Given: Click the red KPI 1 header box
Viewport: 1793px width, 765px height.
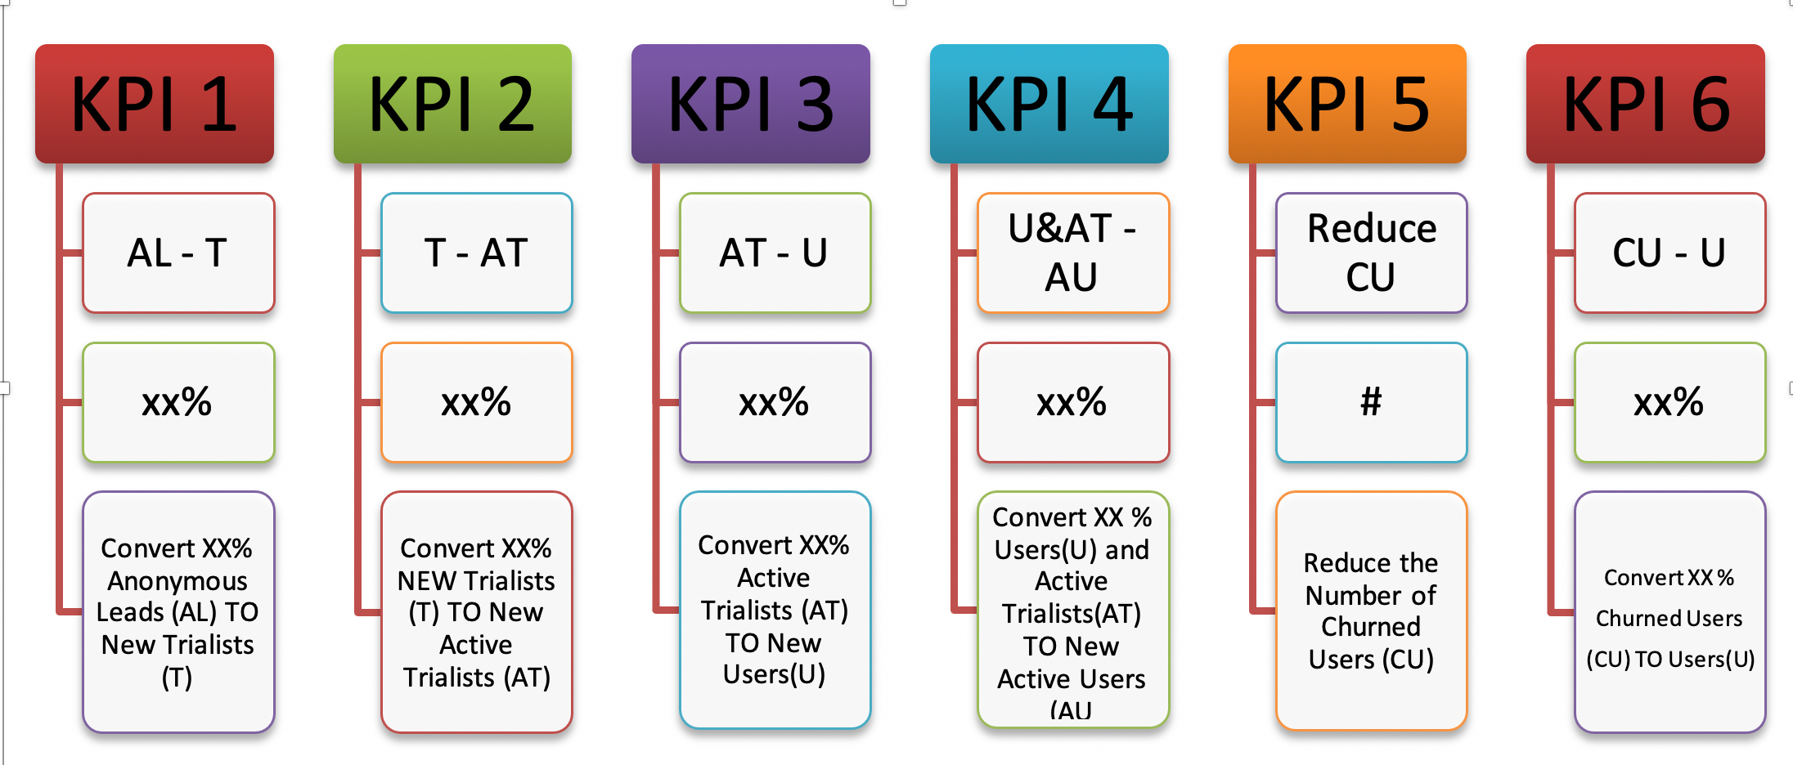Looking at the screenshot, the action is pos(155,104).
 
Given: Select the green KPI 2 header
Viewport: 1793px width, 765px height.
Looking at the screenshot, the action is pos(452,104).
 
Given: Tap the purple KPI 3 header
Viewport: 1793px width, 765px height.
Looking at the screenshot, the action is pos(751,104).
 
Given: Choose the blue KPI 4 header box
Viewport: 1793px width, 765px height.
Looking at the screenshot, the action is pos(1049,104).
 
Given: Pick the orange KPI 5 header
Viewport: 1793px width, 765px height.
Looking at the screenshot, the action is pos(1347,104).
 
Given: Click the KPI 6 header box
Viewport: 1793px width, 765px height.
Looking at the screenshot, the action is pos(1646,104).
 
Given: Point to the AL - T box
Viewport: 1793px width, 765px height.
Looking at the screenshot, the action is pos(178,253).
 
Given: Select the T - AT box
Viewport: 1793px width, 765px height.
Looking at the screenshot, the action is pos(477,253).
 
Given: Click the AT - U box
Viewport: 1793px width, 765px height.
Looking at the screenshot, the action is pos(775,253).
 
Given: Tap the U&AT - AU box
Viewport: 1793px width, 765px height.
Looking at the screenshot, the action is pos(1073,253).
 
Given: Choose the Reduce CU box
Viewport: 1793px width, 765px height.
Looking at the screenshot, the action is pos(1372,253).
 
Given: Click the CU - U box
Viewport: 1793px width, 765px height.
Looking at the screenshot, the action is pos(1670,253).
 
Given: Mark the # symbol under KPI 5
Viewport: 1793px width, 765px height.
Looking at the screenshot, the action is pos(1371,401).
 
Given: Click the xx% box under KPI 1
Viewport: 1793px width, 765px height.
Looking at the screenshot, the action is pos(178,402).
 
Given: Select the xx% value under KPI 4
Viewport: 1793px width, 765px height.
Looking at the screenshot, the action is pos(1072,402).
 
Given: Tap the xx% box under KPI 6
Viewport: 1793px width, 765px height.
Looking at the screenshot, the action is pos(1670,402).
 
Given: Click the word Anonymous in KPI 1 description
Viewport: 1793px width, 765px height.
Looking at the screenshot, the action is pos(178,581).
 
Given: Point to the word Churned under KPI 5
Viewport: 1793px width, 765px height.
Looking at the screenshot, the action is pos(1371,627).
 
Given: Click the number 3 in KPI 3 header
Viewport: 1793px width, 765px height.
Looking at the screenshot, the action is pos(816,105).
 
